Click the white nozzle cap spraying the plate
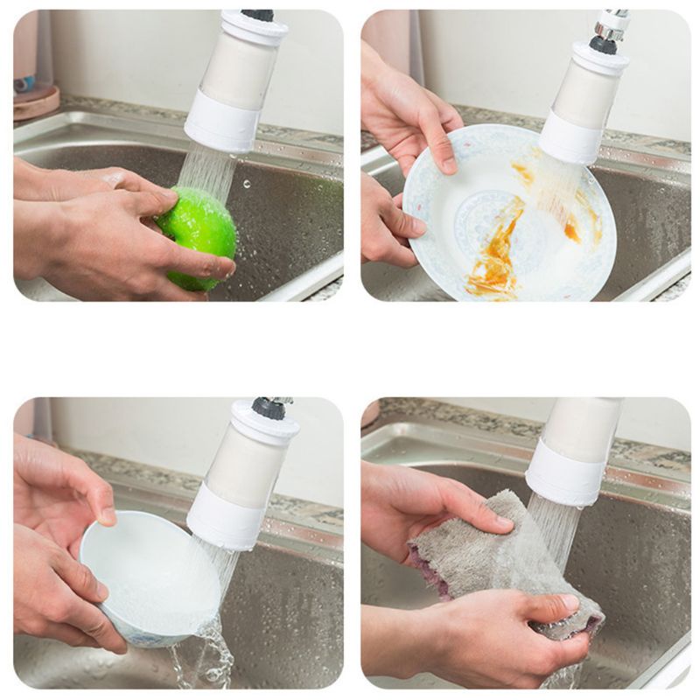click(570, 139)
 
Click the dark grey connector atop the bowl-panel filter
click(270, 408)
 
